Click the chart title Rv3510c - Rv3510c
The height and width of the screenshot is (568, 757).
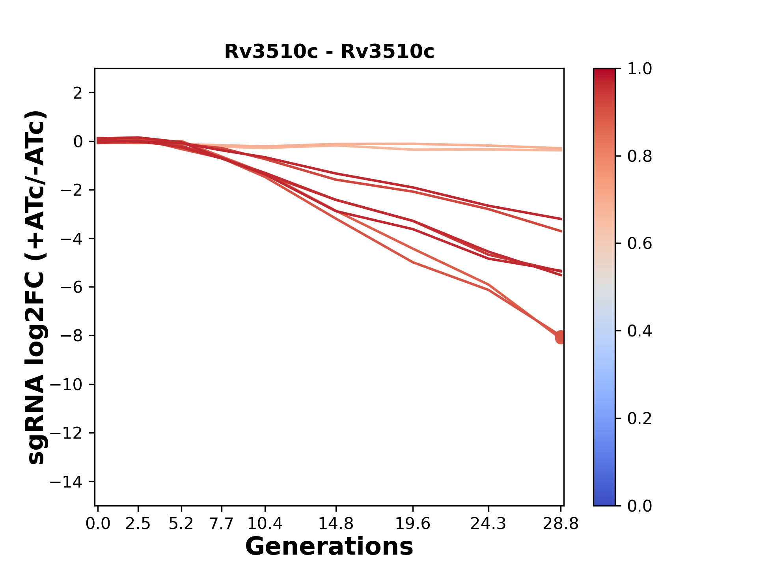coord(329,52)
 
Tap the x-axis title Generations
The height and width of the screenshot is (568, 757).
coord(329,547)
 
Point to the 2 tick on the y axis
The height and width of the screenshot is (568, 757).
coord(78,93)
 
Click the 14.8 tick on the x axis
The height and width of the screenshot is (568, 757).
coord(336,524)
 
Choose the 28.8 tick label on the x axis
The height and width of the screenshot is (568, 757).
coord(561,524)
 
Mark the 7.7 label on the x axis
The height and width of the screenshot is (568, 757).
coord(222,524)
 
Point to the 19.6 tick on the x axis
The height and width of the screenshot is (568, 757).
coord(412,524)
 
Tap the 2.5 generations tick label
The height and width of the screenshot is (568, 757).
coord(138,524)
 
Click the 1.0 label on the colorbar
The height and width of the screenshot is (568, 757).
coord(640,69)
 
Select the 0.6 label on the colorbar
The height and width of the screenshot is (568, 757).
coord(640,244)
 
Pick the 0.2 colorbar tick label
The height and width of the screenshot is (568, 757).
coord(640,419)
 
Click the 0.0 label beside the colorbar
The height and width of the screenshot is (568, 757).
coord(640,506)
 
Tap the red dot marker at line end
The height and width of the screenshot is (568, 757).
coord(560,337)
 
